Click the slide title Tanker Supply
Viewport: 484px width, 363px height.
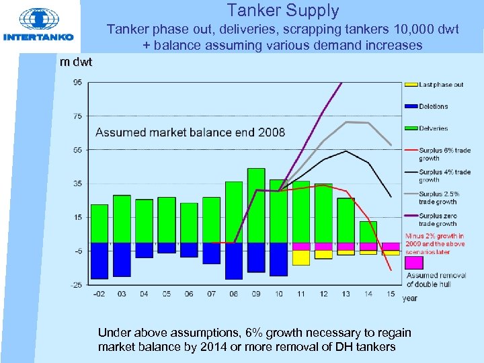tap(282, 11)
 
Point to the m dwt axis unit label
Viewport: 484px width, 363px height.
tap(76, 62)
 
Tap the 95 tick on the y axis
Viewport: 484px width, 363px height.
tap(79, 82)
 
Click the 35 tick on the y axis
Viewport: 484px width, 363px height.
tap(79, 184)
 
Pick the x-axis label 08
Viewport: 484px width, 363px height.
tap(234, 294)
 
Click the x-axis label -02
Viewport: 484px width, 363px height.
tap(99, 294)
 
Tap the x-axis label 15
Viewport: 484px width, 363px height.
tap(391, 294)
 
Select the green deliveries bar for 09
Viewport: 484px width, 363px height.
tap(256, 205)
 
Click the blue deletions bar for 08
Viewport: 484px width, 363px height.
tap(234, 261)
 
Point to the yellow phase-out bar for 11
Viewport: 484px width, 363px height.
tap(301, 257)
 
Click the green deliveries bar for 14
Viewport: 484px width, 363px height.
tap(368, 232)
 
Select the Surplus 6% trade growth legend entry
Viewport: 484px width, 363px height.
tap(434, 154)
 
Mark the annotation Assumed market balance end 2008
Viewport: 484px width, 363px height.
tap(190, 132)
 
